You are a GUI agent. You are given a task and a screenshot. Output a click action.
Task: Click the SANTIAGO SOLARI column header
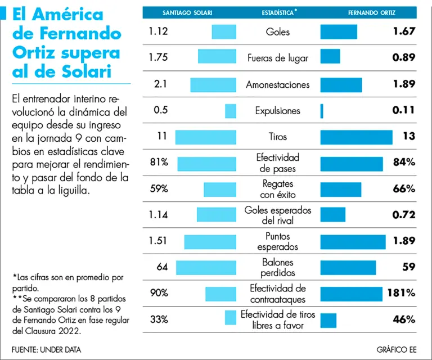187,12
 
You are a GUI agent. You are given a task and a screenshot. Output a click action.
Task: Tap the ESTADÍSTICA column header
280,12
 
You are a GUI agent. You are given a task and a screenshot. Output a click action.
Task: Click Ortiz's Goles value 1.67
404,31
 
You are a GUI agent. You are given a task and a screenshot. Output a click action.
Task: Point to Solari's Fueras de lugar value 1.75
159,57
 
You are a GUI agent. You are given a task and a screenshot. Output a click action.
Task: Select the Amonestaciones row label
278,85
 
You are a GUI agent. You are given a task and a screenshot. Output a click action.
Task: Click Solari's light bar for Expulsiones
231,111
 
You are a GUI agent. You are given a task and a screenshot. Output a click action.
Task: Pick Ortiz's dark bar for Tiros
356,137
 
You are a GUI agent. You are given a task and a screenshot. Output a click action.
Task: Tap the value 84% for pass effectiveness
404,163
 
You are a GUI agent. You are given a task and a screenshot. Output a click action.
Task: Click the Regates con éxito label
278,189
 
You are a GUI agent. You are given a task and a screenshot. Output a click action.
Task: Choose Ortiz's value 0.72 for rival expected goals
404,215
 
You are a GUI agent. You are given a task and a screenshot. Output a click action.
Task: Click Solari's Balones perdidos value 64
163,267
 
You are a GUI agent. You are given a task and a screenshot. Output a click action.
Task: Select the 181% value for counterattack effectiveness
400,292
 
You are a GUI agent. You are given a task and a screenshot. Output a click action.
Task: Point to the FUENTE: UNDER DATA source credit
46,349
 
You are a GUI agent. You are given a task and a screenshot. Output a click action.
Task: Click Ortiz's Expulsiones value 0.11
404,111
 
